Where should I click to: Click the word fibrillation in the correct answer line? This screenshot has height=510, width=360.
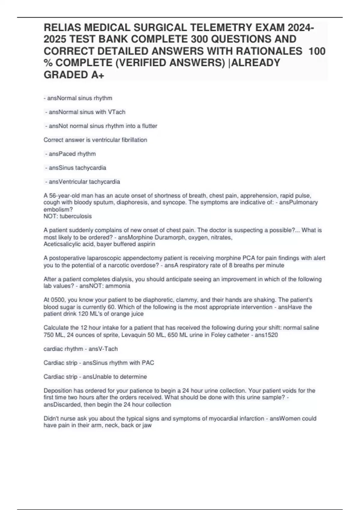point(134,140)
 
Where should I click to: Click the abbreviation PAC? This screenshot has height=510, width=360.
point(148,363)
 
